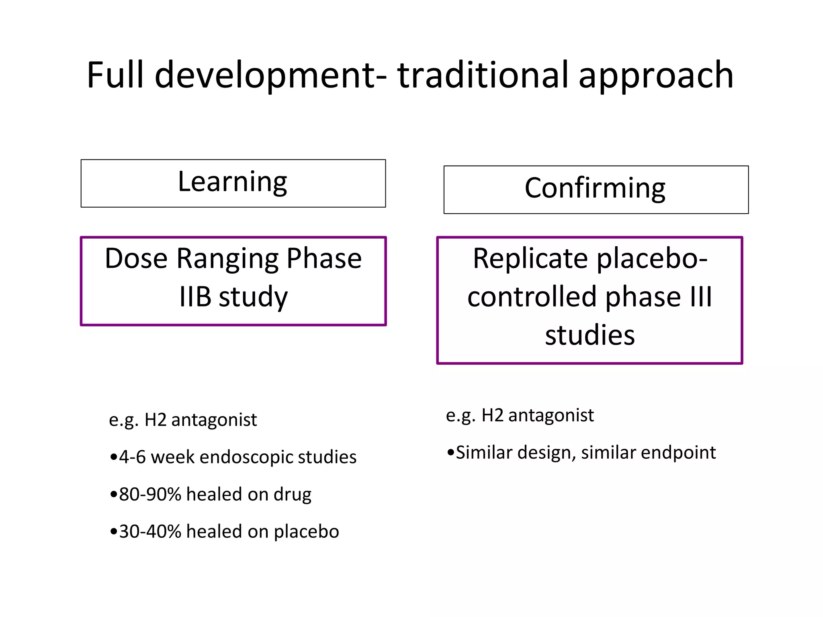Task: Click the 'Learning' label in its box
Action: tap(232, 182)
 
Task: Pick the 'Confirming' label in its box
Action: tap(595, 188)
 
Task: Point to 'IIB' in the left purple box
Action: tap(195, 297)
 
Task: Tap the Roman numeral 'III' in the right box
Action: tap(701, 297)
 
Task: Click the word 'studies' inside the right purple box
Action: tap(590, 335)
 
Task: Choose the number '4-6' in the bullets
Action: tap(132, 457)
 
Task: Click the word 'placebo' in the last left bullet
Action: tap(306, 532)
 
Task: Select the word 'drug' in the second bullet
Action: tap(292, 495)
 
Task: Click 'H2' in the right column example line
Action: tap(492, 415)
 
